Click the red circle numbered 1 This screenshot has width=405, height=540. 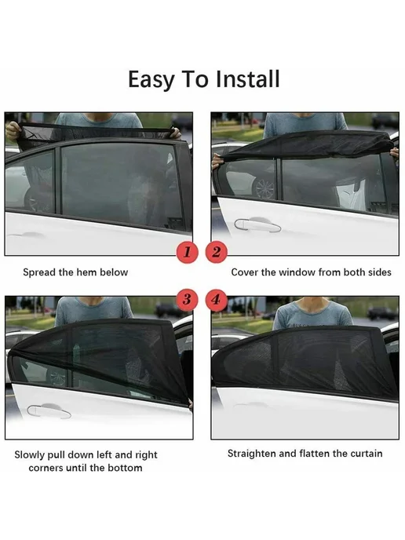[x=187, y=252]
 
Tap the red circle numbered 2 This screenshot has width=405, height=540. [x=217, y=252]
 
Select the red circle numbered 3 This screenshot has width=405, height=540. [x=187, y=299]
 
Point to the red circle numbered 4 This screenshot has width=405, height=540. [x=217, y=299]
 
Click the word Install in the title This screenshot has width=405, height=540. [x=247, y=79]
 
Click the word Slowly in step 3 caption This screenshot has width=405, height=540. [x=30, y=455]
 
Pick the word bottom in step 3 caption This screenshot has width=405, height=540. [x=125, y=468]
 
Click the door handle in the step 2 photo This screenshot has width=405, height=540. [x=257, y=225]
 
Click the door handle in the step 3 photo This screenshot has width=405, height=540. [x=49, y=411]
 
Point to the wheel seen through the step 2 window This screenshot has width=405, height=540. [x=265, y=188]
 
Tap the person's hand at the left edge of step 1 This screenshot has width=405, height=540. [x=13, y=131]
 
